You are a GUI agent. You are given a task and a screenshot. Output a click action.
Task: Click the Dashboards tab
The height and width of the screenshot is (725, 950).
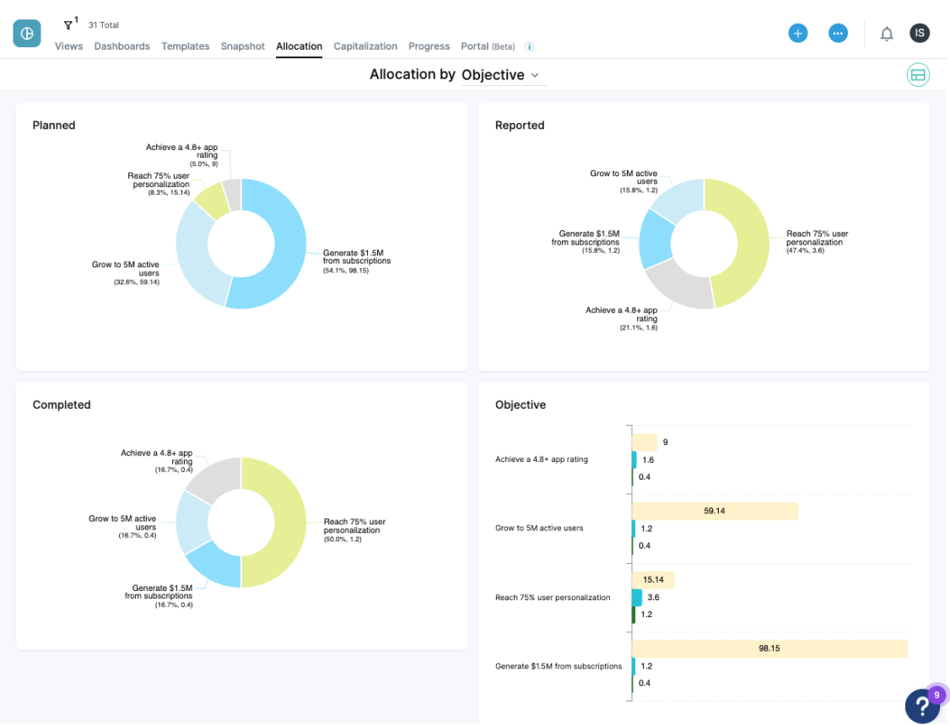[x=121, y=46]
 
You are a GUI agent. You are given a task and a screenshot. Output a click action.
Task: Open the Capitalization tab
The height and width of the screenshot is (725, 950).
[x=364, y=46]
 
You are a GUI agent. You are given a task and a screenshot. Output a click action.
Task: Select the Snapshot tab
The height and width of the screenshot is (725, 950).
[x=242, y=46]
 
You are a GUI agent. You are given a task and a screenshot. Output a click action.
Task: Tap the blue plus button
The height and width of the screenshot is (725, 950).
[x=797, y=33]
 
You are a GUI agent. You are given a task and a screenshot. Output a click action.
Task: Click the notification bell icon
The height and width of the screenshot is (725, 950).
[x=886, y=34]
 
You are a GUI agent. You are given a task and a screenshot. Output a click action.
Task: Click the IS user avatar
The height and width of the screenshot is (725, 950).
[x=920, y=33]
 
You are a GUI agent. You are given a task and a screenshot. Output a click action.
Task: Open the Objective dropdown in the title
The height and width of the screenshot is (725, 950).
[x=502, y=75]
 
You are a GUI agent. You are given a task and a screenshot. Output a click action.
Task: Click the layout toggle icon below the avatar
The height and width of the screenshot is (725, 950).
[x=918, y=75]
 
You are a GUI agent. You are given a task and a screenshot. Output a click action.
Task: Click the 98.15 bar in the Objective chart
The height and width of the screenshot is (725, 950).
[x=769, y=648]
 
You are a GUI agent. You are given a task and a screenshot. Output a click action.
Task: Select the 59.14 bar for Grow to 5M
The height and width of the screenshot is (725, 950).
[x=715, y=511]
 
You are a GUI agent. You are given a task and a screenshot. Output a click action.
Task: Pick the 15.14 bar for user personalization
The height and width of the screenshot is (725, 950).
[x=653, y=580]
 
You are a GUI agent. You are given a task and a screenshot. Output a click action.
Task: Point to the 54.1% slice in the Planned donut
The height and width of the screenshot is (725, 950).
[x=287, y=253]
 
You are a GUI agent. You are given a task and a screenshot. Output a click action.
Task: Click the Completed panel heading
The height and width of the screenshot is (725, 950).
[x=62, y=405]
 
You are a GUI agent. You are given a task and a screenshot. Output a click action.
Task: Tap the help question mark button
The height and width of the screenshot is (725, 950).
[x=921, y=706]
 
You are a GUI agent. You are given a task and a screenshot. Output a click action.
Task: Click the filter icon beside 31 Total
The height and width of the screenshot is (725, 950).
[x=69, y=25]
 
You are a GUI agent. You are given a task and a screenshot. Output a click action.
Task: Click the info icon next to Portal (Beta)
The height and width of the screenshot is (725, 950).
[x=529, y=47]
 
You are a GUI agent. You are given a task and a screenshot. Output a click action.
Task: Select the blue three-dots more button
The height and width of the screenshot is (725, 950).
[x=837, y=33]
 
